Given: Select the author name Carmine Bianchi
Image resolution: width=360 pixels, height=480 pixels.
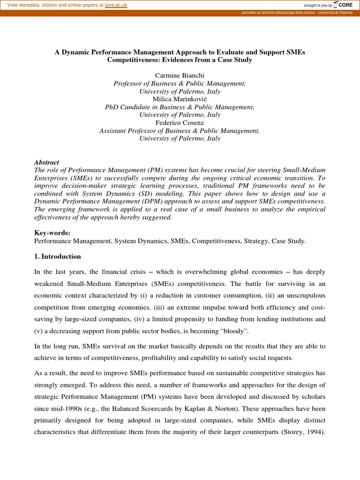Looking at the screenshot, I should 180,75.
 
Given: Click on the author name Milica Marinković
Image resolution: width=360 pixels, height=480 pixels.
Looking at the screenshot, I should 180,99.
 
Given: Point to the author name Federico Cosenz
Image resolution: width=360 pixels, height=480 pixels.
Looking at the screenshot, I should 180,123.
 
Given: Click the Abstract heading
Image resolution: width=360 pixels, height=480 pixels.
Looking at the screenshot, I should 47,162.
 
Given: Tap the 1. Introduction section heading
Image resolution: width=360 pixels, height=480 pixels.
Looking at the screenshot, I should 58,257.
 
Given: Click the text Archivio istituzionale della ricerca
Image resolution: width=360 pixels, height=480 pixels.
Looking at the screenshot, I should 288,13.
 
